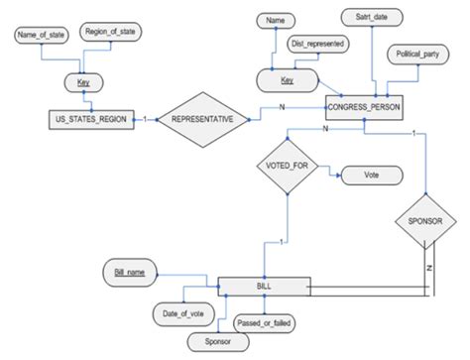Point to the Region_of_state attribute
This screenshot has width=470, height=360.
(112, 32)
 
